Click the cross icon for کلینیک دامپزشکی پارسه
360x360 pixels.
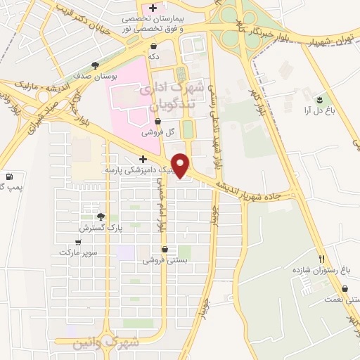(x=143, y=160)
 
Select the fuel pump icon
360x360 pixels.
(x=9, y=176)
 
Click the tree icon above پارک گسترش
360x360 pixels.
(x=101, y=217)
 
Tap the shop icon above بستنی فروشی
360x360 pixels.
(x=165, y=249)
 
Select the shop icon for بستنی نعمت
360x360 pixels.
(x=345, y=288)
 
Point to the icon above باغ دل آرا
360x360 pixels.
(x=322, y=99)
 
